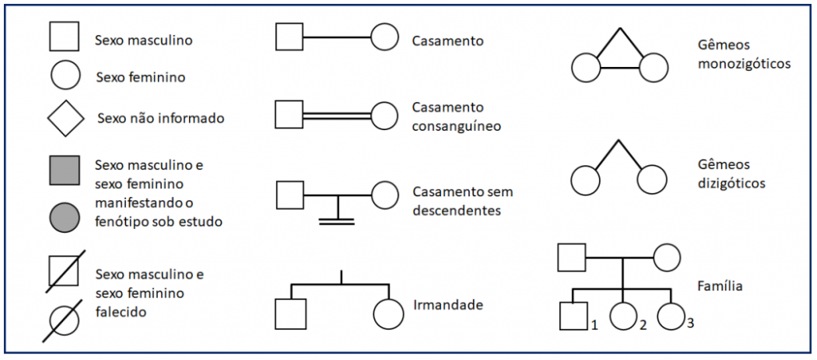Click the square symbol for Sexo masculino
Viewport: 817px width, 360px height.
pyautogui.click(x=65, y=38)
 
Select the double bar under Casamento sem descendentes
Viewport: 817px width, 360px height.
pyautogui.click(x=337, y=220)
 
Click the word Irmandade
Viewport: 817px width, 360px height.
pyautogui.click(x=447, y=305)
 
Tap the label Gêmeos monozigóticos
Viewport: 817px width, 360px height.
pyautogui.click(x=743, y=54)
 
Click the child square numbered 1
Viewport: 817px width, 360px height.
pyautogui.click(x=573, y=317)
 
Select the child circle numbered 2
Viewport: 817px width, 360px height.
pyautogui.click(x=622, y=317)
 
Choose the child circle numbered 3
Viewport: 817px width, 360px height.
pyautogui.click(x=671, y=317)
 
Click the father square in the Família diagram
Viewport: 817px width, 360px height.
pyautogui.click(x=571, y=258)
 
